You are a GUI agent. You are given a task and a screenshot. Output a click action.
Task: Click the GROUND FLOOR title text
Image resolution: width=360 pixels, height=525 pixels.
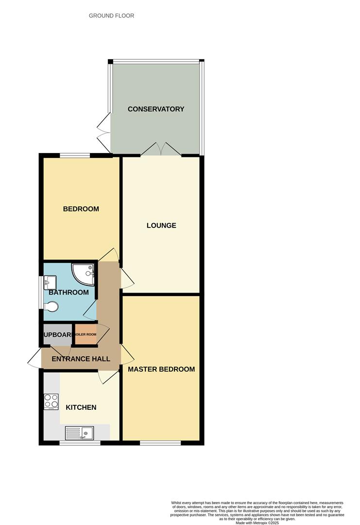111,16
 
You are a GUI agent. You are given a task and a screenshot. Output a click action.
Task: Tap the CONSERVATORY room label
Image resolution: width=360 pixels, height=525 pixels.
156,109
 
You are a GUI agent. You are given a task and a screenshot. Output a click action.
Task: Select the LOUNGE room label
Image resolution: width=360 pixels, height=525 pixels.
161,226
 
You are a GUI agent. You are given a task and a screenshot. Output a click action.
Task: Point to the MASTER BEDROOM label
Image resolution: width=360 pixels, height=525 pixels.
161,369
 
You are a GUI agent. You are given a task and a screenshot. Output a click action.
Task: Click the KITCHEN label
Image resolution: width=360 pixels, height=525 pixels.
81,407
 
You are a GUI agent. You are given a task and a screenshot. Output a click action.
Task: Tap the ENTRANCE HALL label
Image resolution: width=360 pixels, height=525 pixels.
81,359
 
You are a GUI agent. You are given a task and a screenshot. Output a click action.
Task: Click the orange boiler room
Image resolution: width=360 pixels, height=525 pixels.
86,334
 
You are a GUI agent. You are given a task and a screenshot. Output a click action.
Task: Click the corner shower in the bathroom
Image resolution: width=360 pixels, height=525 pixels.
85,274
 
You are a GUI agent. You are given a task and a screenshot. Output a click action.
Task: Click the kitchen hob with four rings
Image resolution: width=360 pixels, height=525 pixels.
51,402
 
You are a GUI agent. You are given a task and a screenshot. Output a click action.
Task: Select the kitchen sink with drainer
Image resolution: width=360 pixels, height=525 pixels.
80,432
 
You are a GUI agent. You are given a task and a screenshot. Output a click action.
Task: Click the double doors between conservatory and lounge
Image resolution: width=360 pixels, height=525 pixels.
161,150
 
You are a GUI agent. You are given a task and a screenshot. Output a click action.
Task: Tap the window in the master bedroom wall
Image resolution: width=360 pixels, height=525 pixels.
161,442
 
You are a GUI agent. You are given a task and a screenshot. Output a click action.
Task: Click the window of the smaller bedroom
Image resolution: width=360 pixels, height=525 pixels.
75,156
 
